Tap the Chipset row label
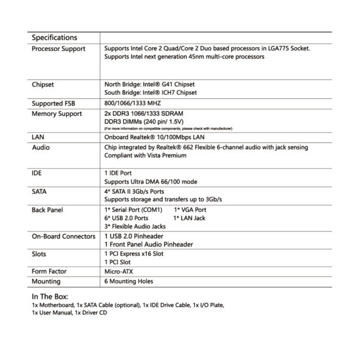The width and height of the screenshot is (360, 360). [43, 85]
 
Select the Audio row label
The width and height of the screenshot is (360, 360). [41, 146]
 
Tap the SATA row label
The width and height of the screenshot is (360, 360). [41, 191]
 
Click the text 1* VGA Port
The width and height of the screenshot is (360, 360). [190, 210]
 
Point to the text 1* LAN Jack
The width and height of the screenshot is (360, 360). [190, 218]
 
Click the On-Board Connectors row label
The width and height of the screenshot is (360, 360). [63, 237]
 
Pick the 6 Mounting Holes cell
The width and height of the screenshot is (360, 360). [129, 281]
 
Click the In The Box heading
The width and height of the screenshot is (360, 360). [50, 296]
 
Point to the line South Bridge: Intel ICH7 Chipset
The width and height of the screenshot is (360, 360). [149, 93]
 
